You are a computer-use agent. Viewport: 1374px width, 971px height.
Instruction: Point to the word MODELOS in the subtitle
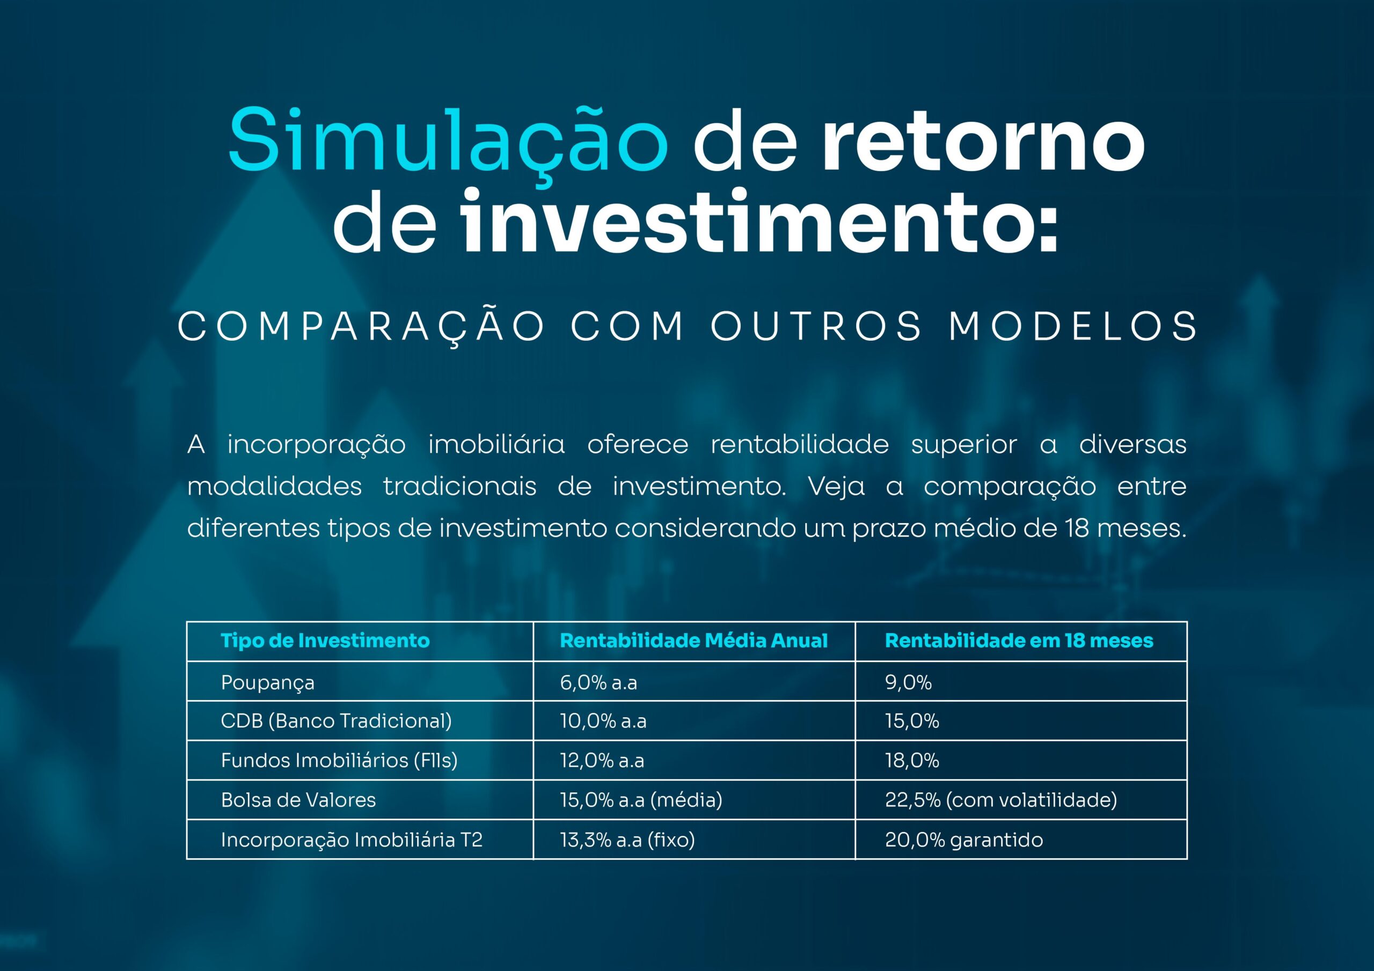[x=1073, y=326]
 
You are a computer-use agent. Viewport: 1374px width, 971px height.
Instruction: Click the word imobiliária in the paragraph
[x=496, y=445]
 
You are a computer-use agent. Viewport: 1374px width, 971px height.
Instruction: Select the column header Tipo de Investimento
[x=325, y=641]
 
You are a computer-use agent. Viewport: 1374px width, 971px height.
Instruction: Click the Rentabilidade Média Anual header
[x=693, y=641]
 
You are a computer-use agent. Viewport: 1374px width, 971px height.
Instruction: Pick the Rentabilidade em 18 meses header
[x=1019, y=641]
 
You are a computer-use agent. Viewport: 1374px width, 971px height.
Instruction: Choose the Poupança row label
[x=267, y=682]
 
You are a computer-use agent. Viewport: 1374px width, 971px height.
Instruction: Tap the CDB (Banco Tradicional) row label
[x=337, y=721]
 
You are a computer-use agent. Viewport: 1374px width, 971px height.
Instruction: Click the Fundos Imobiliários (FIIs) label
[x=339, y=760]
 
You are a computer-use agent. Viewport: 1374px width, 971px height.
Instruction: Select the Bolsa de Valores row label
[x=298, y=800]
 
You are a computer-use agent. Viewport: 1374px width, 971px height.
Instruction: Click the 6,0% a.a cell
[x=598, y=682]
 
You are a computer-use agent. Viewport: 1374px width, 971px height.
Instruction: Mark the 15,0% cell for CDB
[x=912, y=721]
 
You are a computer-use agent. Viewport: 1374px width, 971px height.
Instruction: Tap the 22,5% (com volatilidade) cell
[x=1001, y=800]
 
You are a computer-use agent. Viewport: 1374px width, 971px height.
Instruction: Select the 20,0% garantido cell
[x=964, y=840]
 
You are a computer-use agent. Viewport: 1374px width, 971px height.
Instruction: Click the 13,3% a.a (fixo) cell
[x=628, y=840]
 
